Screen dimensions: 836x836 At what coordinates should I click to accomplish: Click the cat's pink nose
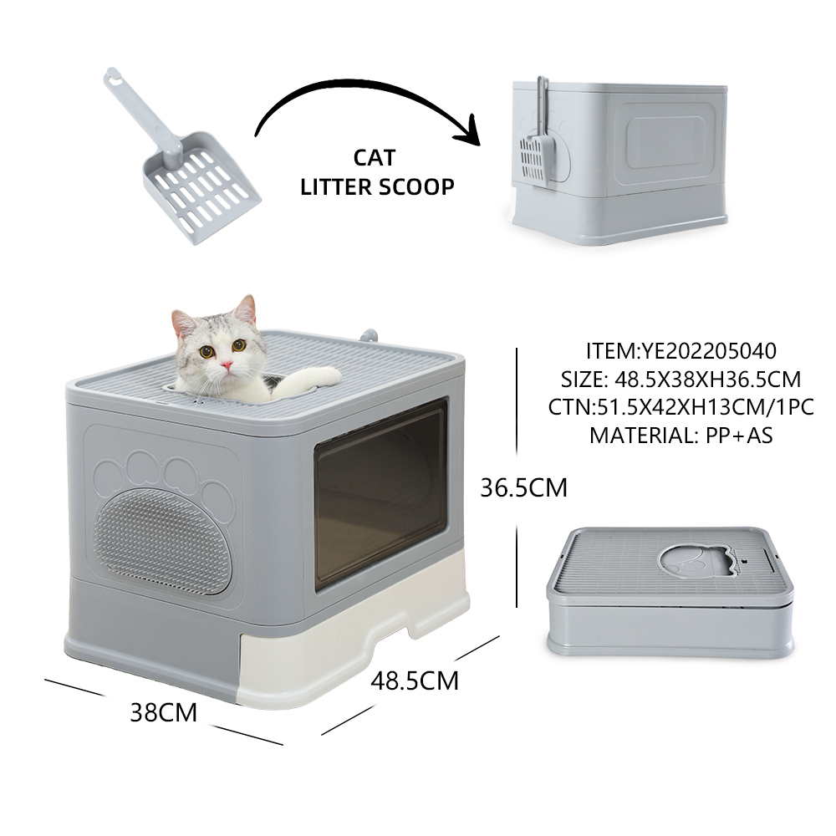227,365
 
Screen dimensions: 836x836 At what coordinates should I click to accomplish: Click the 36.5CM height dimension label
523,488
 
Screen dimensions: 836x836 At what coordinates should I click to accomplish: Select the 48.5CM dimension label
415,681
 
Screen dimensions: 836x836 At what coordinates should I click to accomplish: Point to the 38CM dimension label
164,713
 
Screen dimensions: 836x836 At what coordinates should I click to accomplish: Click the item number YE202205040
709,351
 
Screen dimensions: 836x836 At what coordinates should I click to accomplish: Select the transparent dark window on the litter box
380,495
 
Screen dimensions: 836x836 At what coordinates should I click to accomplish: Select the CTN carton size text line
681,407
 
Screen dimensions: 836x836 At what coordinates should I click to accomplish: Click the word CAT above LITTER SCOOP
375,158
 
